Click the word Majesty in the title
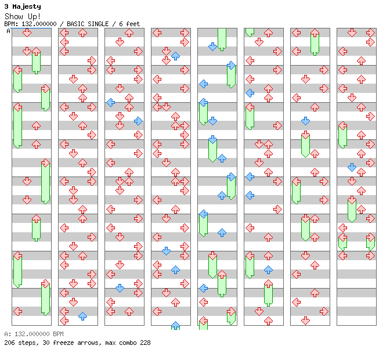point(27,7)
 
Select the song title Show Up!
point(23,16)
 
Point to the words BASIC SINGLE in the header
point(88,24)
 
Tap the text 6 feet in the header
point(129,24)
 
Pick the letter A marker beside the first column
point(9,31)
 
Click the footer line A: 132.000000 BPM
point(34,334)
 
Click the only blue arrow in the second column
point(82,316)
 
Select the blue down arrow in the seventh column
point(305,121)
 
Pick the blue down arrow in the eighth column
point(352,167)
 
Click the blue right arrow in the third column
point(138,121)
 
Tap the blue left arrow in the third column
point(110,102)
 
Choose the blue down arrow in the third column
point(120,289)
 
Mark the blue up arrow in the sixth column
point(268,269)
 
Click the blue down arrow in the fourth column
point(166,251)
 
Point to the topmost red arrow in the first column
point(27,33)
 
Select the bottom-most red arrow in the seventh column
point(305,321)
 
